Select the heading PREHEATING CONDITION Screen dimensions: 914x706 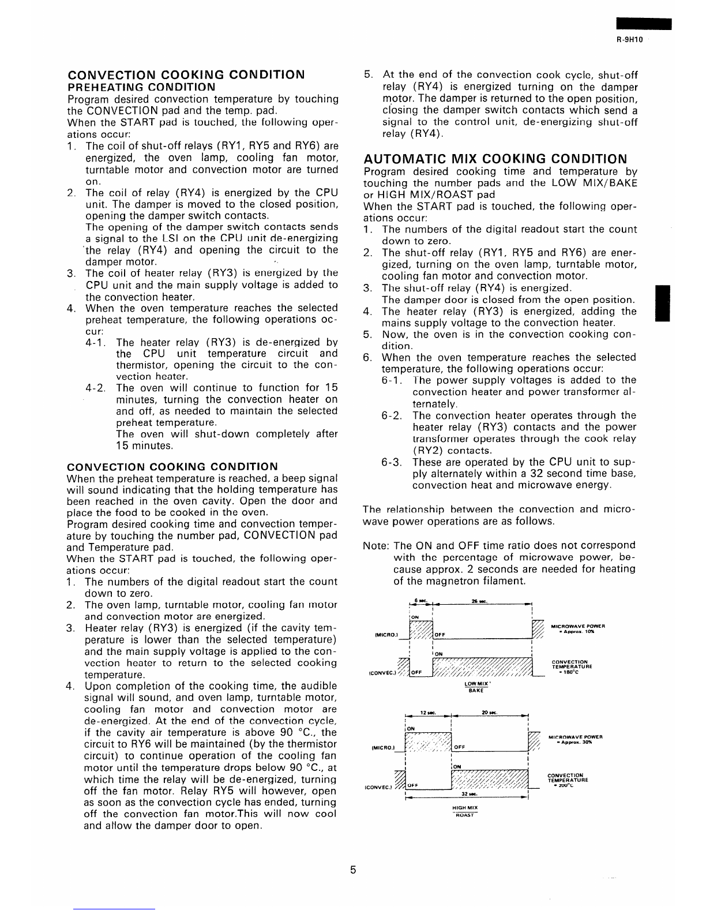tap(141, 87)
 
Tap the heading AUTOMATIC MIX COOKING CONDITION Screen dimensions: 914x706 tap(495, 159)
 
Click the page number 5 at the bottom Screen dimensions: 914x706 tap(352, 870)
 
